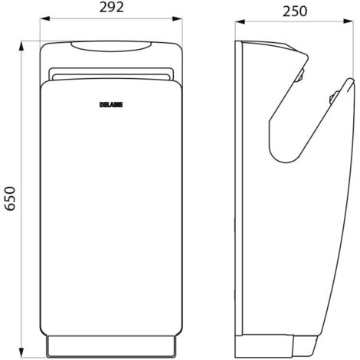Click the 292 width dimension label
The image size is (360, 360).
coord(112,7)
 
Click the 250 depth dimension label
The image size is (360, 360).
coord(295,11)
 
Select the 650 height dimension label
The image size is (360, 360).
coord(11,198)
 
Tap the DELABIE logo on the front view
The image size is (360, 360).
coord(111,105)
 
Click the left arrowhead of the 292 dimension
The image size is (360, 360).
coord(44,18)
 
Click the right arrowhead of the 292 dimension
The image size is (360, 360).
coord(178,18)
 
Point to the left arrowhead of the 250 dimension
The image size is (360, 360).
coord(240,22)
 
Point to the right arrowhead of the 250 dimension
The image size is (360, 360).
coord(349,22)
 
